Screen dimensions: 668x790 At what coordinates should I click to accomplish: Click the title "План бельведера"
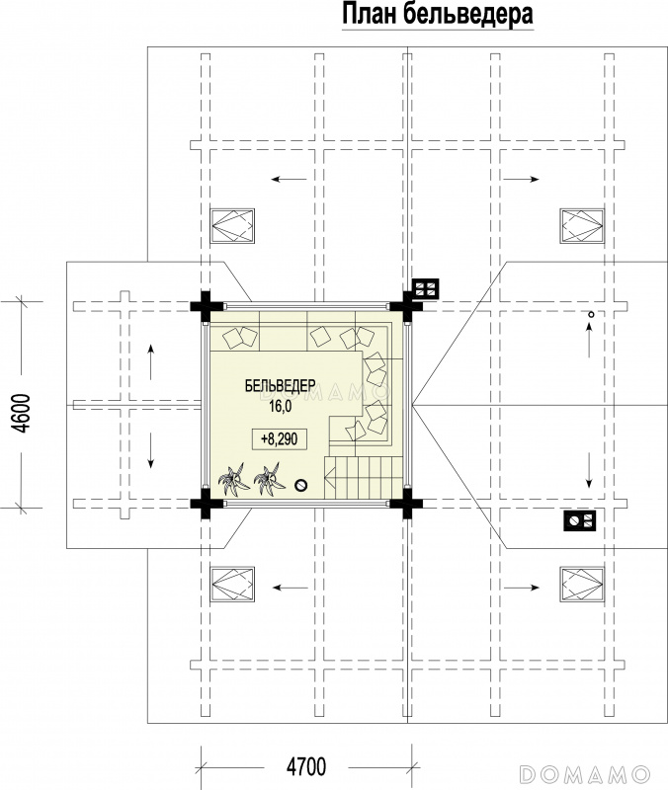point(438,15)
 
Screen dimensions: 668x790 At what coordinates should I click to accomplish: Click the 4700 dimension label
point(306,767)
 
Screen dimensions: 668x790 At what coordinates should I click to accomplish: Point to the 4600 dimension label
point(22,413)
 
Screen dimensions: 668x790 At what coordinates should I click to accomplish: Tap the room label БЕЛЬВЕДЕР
point(281,386)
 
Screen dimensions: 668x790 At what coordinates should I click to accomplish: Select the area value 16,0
point(280,407)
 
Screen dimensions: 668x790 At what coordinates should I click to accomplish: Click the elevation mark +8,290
point(279,438)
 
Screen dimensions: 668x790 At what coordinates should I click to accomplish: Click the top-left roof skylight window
point(232,226)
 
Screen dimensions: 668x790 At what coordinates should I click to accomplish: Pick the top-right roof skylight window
point(582,226)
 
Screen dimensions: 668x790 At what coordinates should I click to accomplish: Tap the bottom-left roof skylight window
point(232,584)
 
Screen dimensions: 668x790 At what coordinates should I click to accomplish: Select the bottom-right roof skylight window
point(582,584)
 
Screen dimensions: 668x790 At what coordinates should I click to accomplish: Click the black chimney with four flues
point(426,289)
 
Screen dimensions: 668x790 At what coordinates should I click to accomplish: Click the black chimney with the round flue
point(579,520)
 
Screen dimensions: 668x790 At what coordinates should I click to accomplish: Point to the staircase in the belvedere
point(364,478)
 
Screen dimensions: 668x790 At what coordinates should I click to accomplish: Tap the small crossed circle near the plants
point(301,485)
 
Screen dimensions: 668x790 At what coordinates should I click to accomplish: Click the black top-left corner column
point(206,306)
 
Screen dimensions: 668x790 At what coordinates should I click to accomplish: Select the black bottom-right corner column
point(406,503)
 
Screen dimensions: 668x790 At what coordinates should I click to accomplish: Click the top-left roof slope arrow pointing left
point(289,179)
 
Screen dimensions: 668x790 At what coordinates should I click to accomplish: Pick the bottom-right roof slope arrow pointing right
point(522,588)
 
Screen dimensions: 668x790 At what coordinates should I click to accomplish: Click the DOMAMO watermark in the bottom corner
point(585,773)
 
